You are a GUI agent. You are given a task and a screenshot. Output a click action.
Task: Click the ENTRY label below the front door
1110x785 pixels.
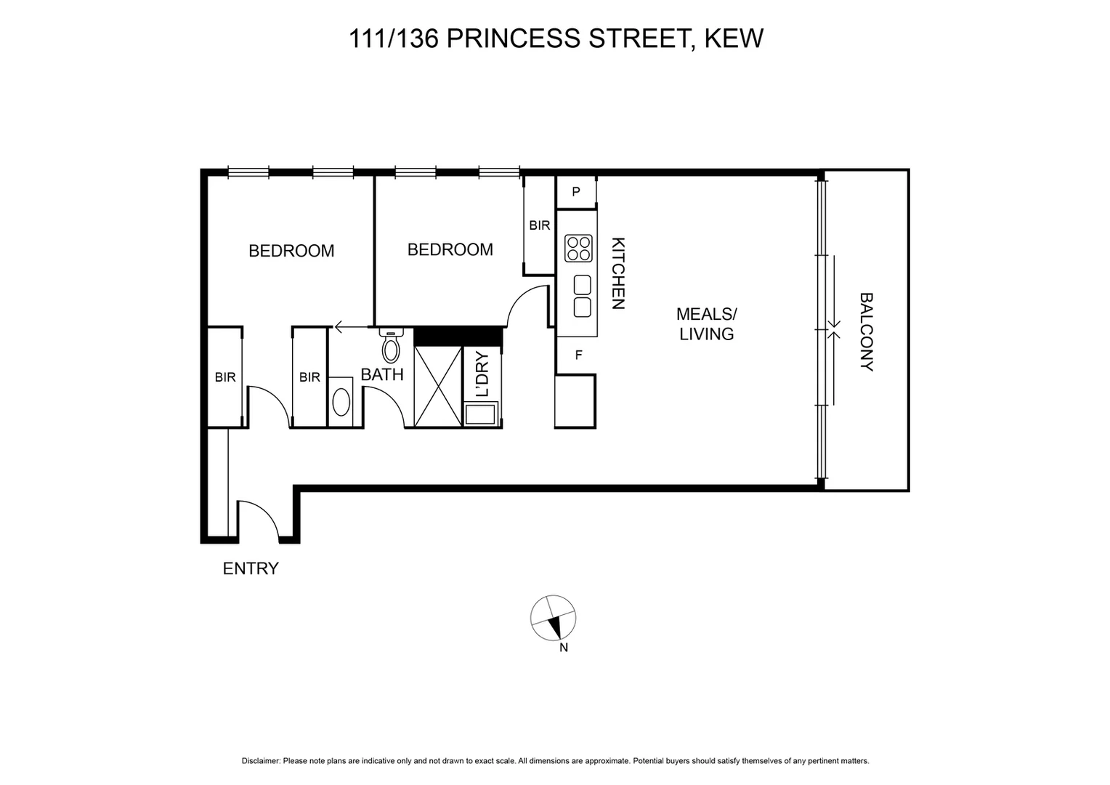pyautogui.click(x=251, y=568)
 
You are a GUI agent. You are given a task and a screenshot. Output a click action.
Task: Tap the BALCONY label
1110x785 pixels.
pyautogui.click(x=866, y=332)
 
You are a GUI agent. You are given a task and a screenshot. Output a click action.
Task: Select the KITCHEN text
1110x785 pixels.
pyautogui.click(x=617, y=274)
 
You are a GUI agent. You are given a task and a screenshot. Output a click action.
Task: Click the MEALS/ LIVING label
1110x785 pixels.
pyautogui.click(x=706, y=324)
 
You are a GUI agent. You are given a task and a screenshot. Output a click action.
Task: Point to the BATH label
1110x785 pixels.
pyautogui.click(x=382, y=375)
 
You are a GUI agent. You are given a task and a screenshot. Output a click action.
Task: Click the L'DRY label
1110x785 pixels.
pyautogui.click(x=483, y=374)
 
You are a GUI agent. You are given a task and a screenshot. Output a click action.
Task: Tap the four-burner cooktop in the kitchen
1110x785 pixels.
pyautogui.click(x=578, y=248)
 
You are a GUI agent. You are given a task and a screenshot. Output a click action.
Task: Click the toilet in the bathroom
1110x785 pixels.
pyautogui.click(x=391, y=346)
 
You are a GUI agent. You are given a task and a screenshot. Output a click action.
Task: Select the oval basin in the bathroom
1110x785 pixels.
pyautogui.click(x=341, y=402)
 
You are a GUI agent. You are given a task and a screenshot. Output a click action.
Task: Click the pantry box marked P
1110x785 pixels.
pyautogui.click(x=576, y=192)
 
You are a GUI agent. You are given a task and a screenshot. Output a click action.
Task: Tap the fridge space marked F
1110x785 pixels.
pyautogui.click(x=578, y=355)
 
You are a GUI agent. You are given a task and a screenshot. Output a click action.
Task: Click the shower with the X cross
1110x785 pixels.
pyautogui.click(x=438, y=386)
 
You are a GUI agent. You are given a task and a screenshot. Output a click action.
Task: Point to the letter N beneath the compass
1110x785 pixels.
pyautogui.click(x=563, y=648)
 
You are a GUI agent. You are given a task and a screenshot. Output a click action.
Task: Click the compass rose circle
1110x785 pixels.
pyautogui.click(x=554, y=619)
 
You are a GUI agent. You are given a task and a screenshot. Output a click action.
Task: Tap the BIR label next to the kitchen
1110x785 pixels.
pyautogui.click(x=540, y=225)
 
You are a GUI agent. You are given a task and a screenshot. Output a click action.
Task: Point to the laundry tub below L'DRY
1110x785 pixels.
pyautogui.click(x=480, y=415)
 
